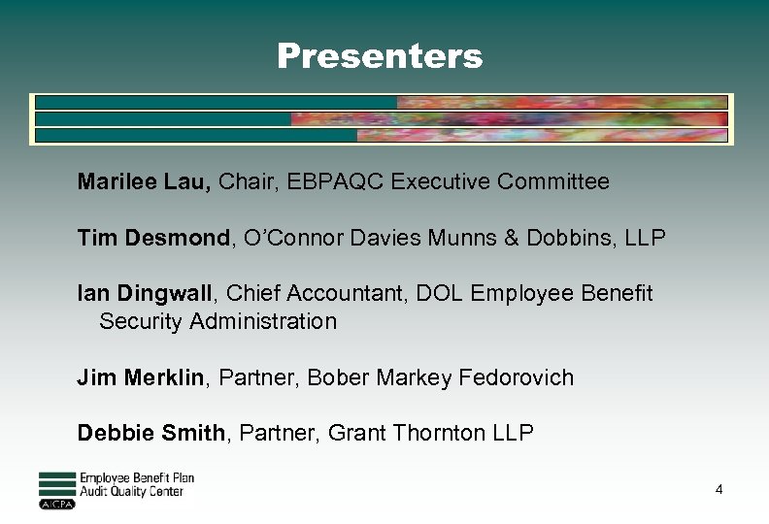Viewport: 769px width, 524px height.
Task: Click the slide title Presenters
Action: pos(379,56)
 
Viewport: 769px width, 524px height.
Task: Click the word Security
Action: pos(144,321)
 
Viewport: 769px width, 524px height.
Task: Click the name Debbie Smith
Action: pos(150,433)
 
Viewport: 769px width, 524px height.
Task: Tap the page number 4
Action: pos(719,490)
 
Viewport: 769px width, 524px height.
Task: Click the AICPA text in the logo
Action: pos(56,505)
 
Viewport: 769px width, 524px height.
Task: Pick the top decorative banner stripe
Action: pos(381,102)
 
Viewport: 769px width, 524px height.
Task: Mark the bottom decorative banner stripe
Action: pos(381,136)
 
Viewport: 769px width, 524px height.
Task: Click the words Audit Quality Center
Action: pos(131,492)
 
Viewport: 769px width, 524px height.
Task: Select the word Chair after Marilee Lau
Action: pos(246,181)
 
